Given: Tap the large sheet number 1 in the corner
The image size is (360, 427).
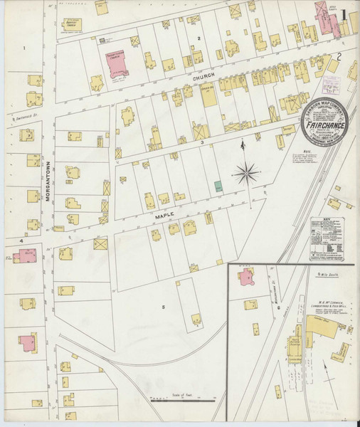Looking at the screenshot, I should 343,15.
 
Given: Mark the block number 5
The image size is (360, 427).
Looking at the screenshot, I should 163,307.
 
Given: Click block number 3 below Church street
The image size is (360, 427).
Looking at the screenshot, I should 202,142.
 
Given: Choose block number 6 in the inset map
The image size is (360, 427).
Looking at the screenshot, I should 278,307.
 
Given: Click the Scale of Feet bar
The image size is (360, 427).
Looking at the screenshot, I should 181,399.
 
